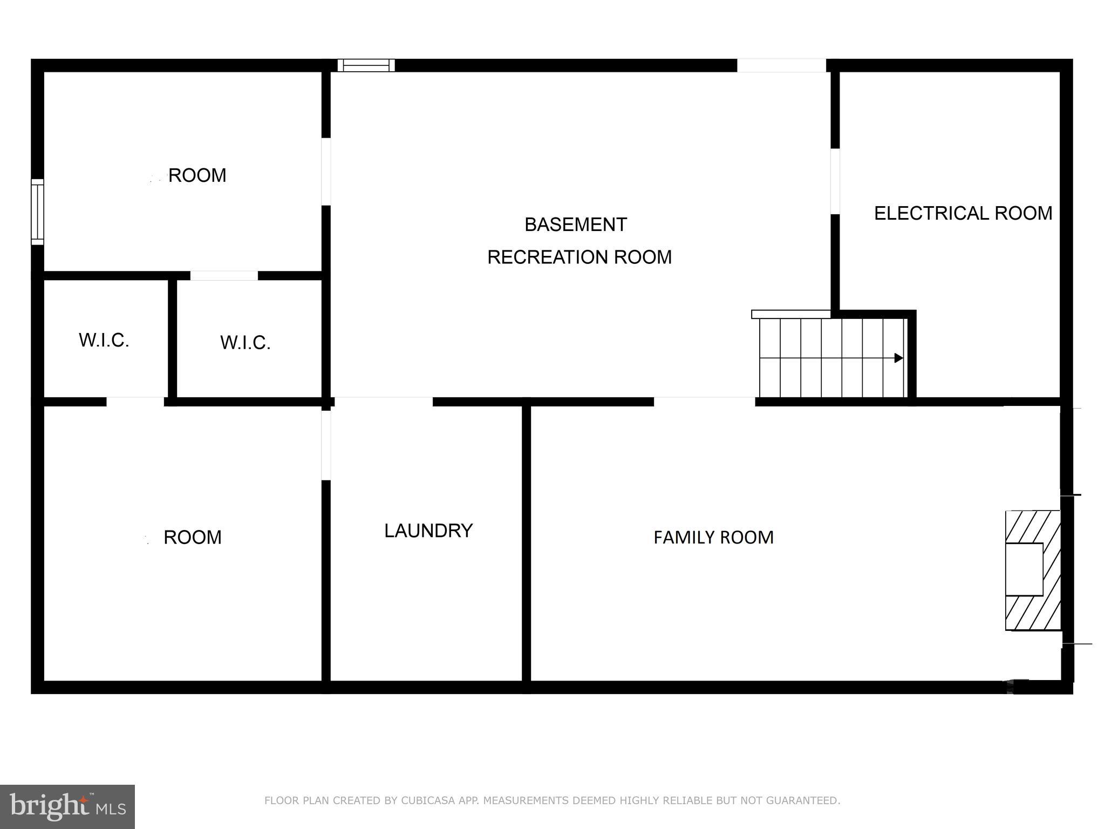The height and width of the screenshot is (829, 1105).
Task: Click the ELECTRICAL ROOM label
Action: point(963,213)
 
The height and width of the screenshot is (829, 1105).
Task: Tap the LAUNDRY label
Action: point(428,531)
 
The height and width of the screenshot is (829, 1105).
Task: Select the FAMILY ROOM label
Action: point(713,537)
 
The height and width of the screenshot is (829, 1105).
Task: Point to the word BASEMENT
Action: point(575,225)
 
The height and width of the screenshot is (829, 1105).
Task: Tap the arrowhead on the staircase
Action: point(898,358)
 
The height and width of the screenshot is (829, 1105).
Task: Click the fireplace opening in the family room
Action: point(1024,569)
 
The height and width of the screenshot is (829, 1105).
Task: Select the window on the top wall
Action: point(366,65)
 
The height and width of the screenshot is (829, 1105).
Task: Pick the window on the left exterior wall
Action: point(37,212)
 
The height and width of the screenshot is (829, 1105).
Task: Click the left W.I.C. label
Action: point(104,340)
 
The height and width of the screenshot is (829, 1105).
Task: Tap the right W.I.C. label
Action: point(245,343)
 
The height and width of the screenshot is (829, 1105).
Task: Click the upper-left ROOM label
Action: point(197,175)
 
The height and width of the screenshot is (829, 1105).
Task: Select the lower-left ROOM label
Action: point(192,537)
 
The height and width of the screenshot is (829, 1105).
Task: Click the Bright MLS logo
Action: point(67,806)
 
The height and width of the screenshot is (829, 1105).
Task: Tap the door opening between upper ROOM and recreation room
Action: point(326,172)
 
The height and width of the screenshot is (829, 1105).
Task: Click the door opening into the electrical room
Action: point(835,181)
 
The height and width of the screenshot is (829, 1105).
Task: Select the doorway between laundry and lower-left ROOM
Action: point(326,445)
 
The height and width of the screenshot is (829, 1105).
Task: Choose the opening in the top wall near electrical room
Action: point(781,65)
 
